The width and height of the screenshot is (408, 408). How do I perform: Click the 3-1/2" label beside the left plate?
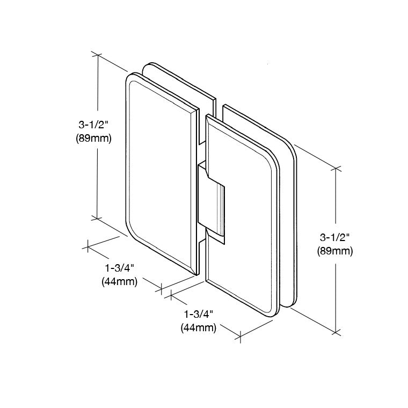[x=93, y=125]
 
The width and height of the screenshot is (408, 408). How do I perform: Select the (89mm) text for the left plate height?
[x=93, y=139]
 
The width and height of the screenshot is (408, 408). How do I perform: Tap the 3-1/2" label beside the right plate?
[x=334, y=238]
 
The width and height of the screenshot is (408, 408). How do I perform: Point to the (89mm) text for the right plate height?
[x=335, y=251]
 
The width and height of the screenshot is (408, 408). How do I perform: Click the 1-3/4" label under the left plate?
[x=119, y=268]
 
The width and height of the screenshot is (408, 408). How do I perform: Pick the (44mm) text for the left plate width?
[x=120, y=281]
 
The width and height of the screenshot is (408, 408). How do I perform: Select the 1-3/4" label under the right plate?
[x=199, y=314]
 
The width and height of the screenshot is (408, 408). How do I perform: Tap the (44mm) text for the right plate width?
[x=199, y=327]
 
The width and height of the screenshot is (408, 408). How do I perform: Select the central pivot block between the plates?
[x=211, y=202]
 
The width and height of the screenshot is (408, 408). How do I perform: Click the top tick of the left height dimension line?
[x=98, y=55]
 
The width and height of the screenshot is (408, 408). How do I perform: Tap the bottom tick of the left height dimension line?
[x=97, y=218]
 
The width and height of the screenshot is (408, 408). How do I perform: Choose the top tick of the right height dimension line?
[x=336, y=169]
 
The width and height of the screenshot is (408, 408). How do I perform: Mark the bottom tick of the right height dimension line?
[x=336, y=332]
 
